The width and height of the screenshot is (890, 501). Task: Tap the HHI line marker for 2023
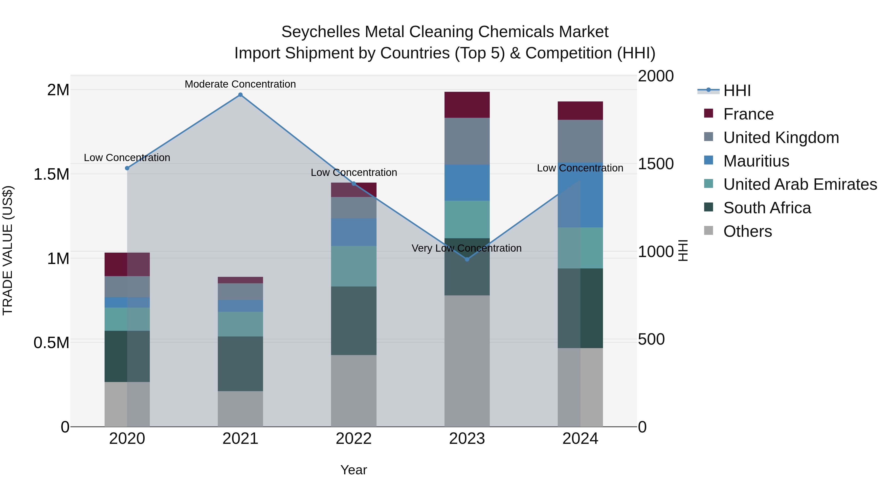click(467, 259)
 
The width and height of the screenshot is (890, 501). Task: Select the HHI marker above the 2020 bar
click(127, 168)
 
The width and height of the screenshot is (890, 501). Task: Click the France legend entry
click(748, 114)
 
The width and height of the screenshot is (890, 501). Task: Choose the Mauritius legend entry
click(756, 161)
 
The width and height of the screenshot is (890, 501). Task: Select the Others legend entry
click(747, 231)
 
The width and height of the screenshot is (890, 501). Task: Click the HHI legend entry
click(737, 91)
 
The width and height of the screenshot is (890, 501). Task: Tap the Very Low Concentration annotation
click(467, 248)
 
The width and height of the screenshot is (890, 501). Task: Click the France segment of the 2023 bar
click(467, 105)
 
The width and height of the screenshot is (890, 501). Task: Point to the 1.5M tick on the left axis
click(51, 174)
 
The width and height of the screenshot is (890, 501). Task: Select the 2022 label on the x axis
click(354, 439)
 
